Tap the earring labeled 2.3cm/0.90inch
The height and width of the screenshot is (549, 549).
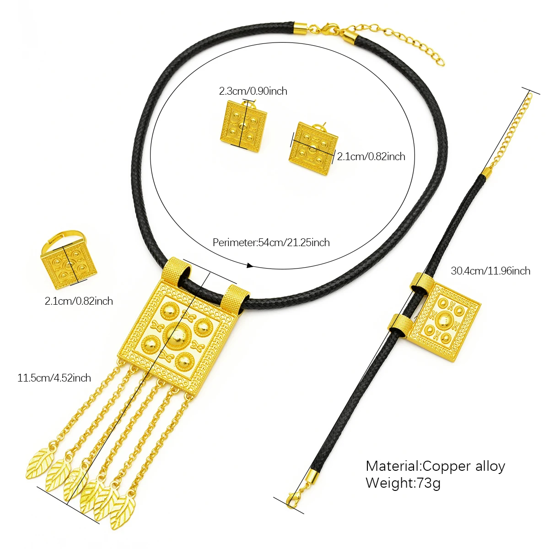pos(242,124)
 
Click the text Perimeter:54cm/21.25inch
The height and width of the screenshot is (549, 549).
pos(271,242)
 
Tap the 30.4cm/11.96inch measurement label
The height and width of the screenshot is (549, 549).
pos(490,271)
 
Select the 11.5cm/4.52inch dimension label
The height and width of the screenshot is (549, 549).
pos(54,378)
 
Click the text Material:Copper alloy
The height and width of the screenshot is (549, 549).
pos(435,466)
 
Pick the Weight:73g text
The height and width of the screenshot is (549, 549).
pos(403,483)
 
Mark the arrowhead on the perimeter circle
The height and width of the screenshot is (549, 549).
pos(250,265)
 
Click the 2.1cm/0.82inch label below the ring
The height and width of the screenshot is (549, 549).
pos(79,301)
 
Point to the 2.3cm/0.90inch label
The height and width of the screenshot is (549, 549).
pos(253,91)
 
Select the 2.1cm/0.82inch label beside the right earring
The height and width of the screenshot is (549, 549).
pos(371,157)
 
